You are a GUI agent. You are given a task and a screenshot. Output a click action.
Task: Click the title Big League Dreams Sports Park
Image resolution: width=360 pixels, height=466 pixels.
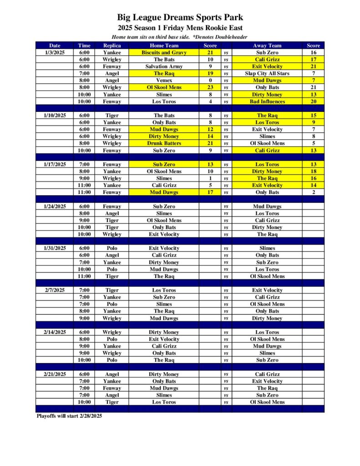tap(180, 18)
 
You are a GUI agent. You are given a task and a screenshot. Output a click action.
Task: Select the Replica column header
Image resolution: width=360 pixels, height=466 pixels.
tap(112, 46)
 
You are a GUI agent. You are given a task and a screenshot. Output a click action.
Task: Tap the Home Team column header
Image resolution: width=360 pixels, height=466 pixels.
tap(164, 46)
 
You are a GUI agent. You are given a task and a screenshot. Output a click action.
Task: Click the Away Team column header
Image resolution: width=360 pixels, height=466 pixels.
tap(267, 46)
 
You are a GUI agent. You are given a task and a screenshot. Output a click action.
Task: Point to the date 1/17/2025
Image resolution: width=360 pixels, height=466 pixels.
tap(55, 164)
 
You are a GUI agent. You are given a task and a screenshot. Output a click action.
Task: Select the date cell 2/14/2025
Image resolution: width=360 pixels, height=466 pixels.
tap(55, 332)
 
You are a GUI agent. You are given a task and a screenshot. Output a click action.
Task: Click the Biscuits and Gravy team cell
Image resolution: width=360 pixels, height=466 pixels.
tap(164, 52)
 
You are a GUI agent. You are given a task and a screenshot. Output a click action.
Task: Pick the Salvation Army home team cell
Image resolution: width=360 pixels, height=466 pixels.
tap(164, 66)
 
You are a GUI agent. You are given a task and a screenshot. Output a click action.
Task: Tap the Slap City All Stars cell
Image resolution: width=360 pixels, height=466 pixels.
tap(267, 73)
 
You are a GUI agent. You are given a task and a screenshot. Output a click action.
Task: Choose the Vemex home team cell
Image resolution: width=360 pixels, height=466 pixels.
tap(164, 80)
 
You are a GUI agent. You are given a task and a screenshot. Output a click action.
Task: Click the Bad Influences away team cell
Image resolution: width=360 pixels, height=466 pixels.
tap(267, 101)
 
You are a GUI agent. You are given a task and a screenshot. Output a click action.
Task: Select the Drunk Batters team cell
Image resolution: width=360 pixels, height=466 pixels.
tap(164, 143)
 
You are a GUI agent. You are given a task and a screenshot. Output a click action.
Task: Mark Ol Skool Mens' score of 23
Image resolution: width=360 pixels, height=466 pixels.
tap(210, 87)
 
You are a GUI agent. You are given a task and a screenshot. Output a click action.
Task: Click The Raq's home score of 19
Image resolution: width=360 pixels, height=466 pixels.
tap(210, 73)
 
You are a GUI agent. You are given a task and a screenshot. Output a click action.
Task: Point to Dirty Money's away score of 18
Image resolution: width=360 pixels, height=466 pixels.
tap(314, 172)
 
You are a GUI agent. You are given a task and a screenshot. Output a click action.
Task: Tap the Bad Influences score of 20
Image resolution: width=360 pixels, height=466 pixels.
tap(314, 101)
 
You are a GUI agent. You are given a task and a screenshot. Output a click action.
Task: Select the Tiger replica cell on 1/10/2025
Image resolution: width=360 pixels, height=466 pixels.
tap(112, 116)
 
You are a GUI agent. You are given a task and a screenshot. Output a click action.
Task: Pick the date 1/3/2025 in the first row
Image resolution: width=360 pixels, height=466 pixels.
tap(55, 52)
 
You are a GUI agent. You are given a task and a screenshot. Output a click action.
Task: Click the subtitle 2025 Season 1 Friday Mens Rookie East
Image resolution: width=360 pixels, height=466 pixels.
tap(180, 28)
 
